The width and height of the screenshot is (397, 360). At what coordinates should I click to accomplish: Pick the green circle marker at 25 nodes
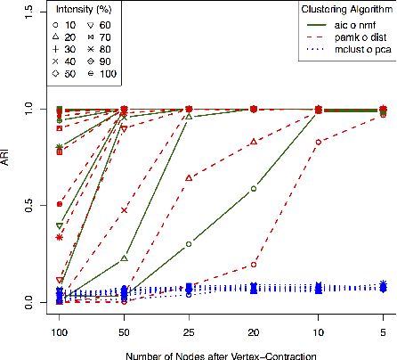(x=189, y=244)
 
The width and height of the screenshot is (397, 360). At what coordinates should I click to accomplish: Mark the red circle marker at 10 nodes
(x=319, y=142)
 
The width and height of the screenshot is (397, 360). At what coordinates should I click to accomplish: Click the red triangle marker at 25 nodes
(x=189, y=177)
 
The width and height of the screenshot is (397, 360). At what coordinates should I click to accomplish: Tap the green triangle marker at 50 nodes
(x=124, y=258)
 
